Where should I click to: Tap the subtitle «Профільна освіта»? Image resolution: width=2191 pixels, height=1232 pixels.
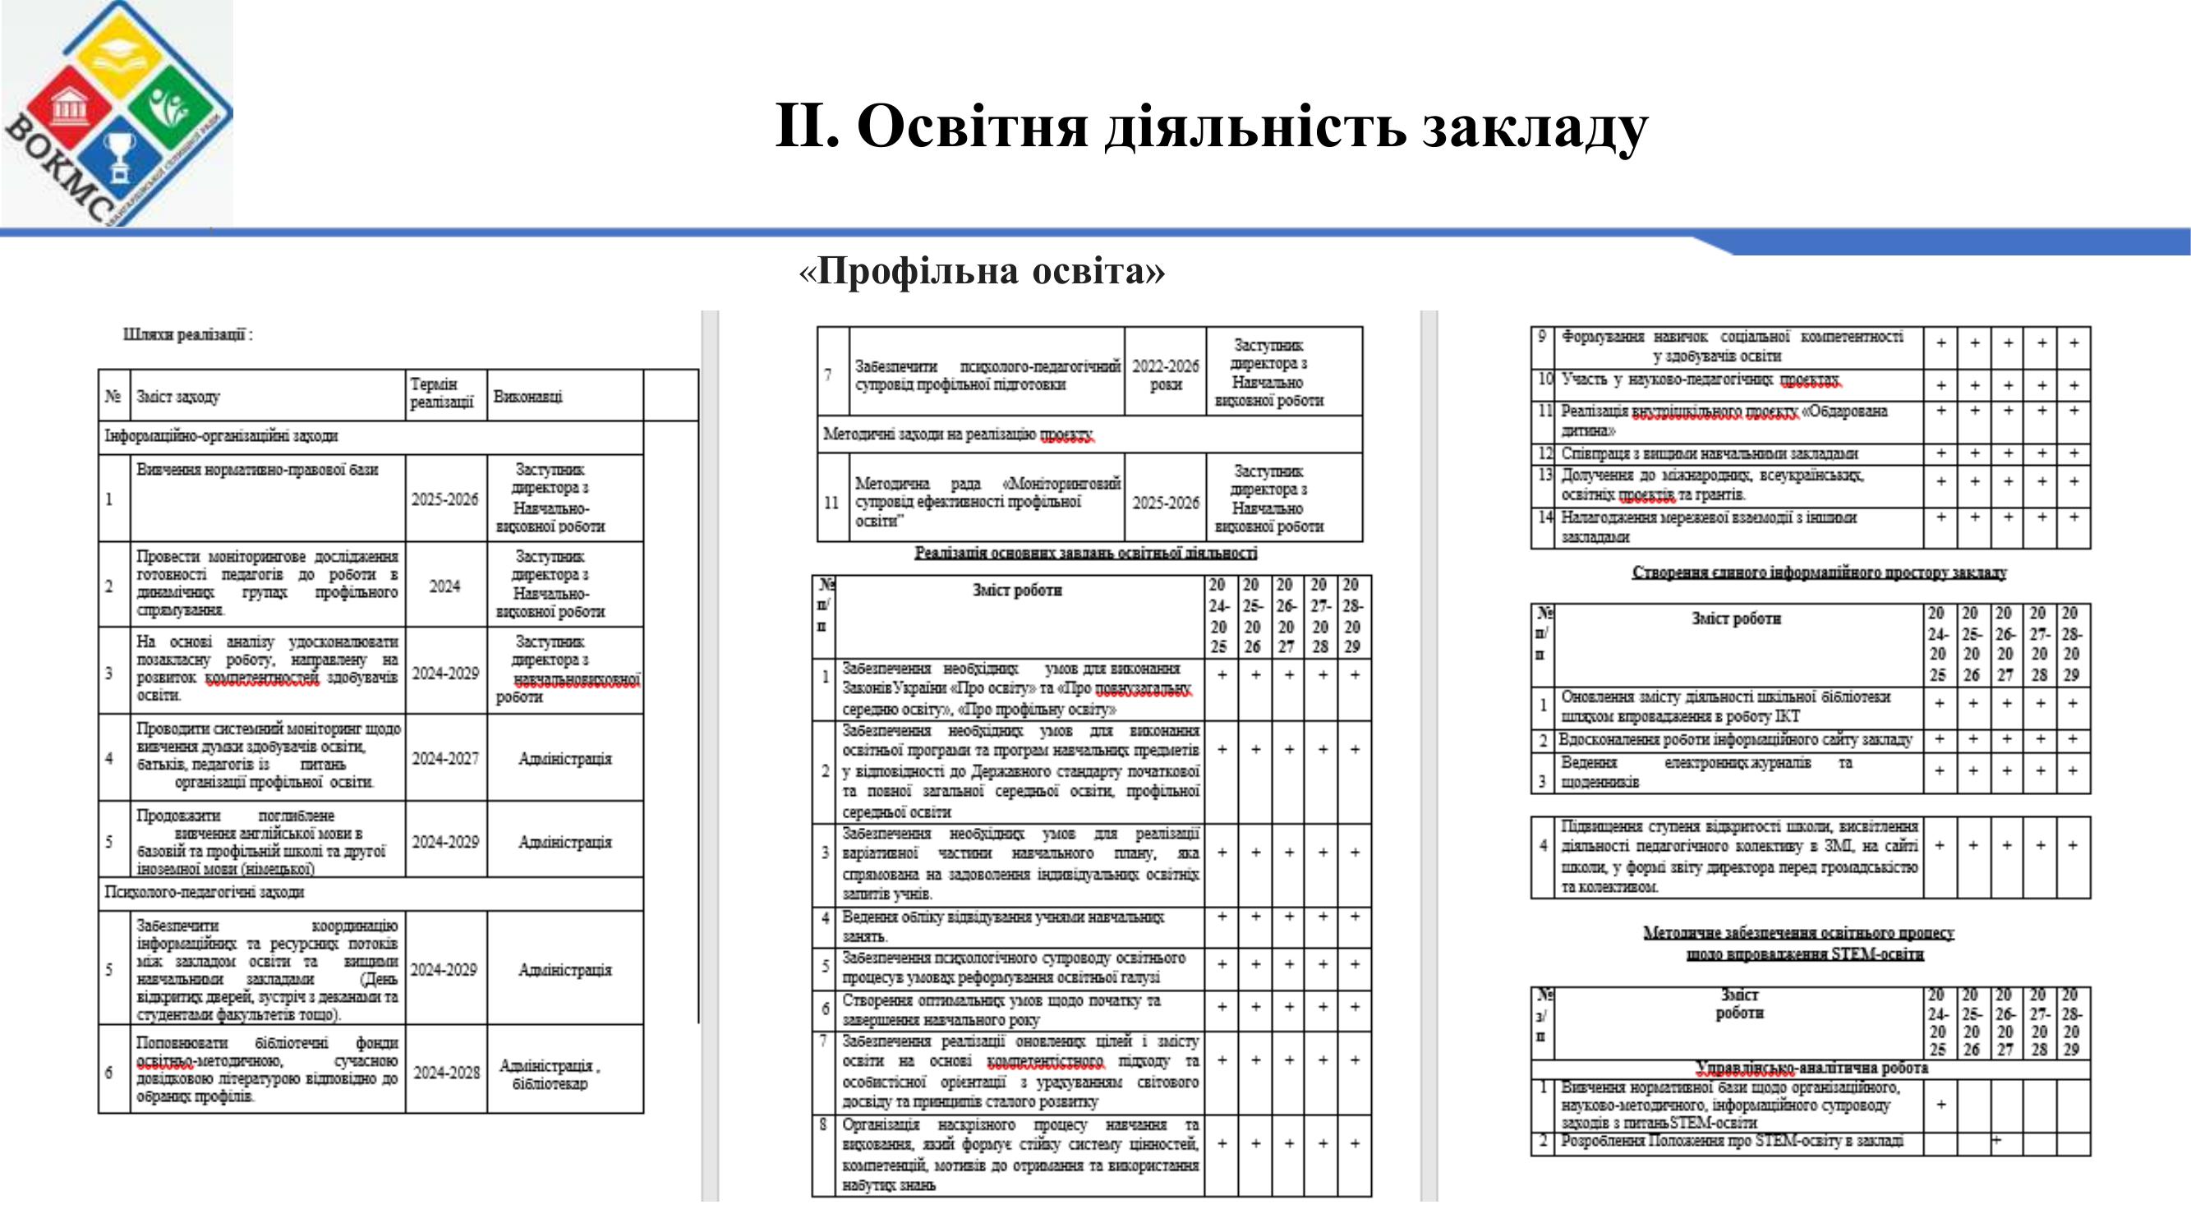983,271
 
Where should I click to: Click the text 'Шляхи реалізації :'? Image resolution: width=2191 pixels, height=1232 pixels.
188,335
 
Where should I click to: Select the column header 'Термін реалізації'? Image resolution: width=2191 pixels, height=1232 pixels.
441,393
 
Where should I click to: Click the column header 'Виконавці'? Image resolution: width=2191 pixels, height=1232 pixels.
528,396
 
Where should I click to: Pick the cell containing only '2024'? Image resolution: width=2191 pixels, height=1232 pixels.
444,586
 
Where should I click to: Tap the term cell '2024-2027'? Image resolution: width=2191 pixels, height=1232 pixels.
444,758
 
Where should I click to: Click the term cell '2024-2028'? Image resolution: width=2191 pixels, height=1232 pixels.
446,1073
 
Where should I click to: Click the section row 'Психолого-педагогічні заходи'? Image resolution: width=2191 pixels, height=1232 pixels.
204,893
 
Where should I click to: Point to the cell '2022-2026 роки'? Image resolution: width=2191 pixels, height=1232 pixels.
1165,375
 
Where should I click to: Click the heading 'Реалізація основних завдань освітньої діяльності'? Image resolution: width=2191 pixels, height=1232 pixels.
1085,554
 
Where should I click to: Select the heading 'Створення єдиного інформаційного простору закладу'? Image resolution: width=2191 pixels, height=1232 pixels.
1819,573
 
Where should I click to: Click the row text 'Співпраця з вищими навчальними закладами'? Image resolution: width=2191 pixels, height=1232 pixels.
1710,454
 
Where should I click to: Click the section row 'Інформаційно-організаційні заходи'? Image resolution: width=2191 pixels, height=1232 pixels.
221,436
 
